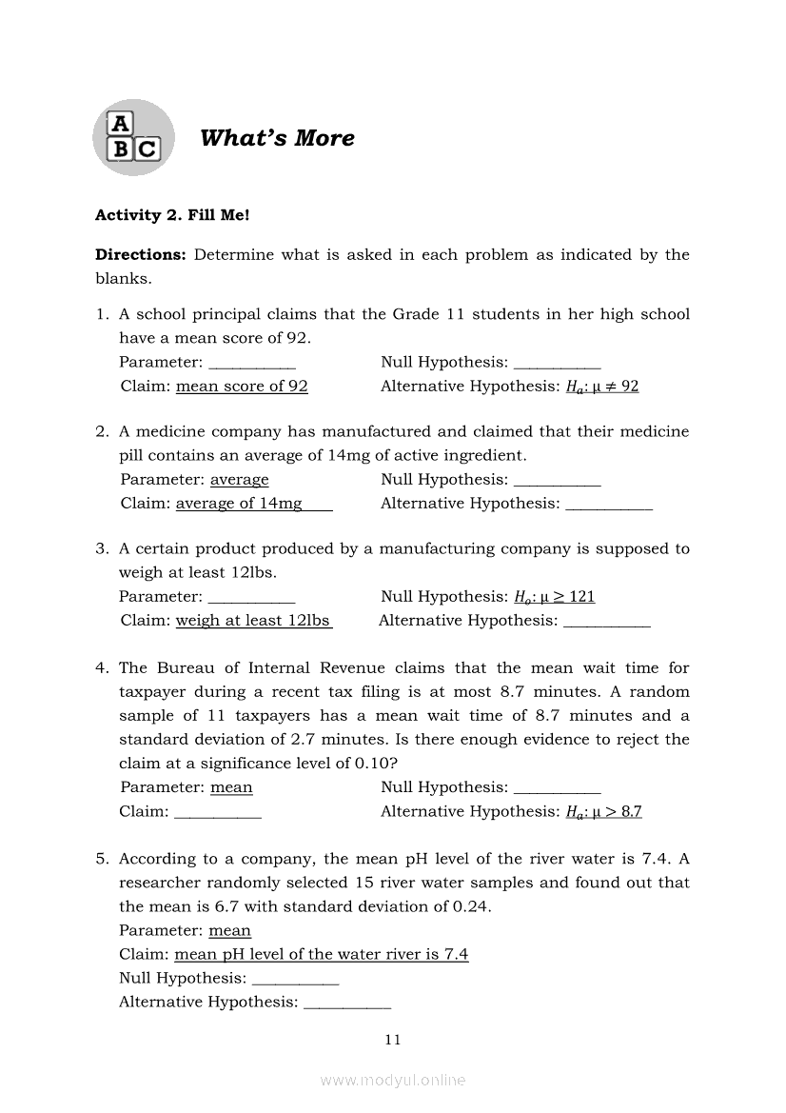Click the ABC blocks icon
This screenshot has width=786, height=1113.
[133, 137]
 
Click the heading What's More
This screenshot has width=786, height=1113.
[277, 138]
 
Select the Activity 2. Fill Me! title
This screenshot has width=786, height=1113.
[172, 215]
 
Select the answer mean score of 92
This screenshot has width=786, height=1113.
[243, 387]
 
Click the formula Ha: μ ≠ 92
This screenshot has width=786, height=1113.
[602, 387]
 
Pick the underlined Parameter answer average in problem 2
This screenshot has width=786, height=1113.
[240, 480]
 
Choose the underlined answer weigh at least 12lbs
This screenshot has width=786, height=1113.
[253, 621]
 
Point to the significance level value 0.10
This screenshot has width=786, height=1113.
[373, 764]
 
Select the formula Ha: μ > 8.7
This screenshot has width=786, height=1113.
[604, 812]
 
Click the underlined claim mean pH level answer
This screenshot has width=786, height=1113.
[322, 954]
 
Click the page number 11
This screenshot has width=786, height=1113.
[393, 1040]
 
